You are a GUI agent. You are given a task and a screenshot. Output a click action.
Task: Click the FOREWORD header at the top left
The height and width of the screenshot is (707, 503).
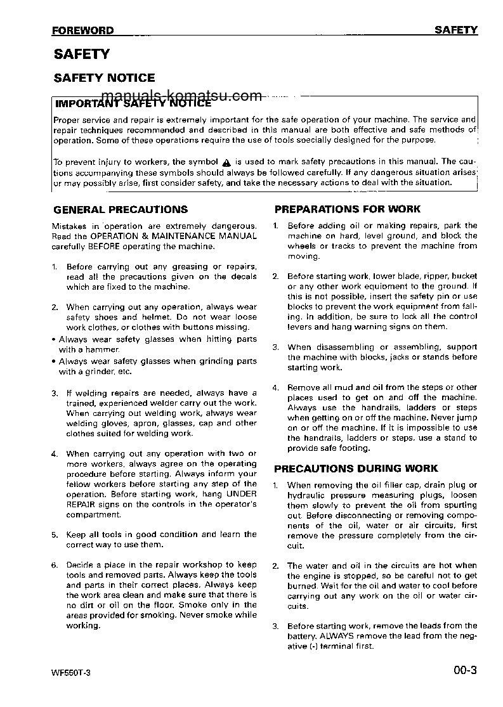tap(83, 30)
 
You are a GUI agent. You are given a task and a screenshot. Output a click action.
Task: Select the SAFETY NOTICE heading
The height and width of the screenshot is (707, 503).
tap(104, 78)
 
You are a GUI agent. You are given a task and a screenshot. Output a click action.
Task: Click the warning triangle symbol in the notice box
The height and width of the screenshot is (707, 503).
tap(226, 162)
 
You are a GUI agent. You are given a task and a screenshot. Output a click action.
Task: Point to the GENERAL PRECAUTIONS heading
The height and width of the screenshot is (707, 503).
tap(121, 209)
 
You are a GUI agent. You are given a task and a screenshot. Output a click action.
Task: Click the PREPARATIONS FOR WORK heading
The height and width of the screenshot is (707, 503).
tap(347, 209)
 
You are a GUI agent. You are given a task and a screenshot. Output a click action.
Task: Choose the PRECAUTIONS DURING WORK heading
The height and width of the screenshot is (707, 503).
tap(355, 469)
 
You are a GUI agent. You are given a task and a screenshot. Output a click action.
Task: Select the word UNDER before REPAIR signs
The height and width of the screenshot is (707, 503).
tap(241, 494)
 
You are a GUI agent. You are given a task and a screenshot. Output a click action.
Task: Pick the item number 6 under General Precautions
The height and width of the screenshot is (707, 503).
tap(55, 565)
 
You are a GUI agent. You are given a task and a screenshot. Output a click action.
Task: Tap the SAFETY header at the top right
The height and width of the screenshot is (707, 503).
tap(456, 30)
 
